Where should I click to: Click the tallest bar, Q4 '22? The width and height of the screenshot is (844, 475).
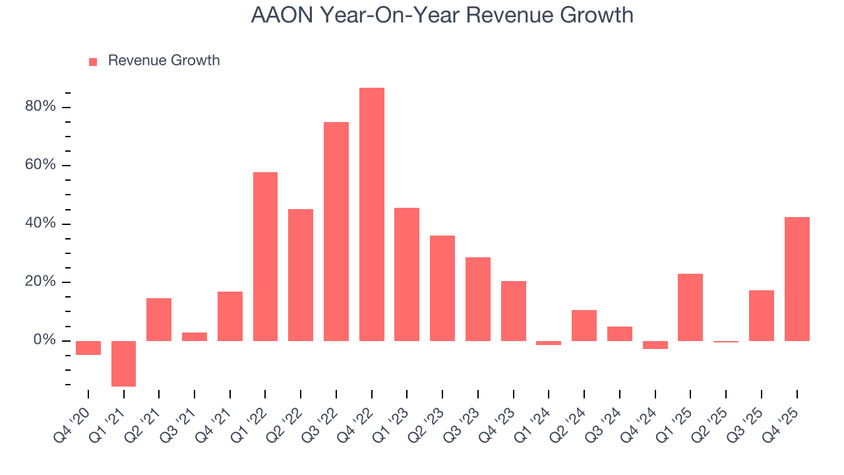(372, 214)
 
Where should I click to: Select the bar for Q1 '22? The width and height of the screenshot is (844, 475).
(265, 257)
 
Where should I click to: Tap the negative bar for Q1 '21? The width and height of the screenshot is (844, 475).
(123, 364)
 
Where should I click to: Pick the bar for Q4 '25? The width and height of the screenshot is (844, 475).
(797, 279)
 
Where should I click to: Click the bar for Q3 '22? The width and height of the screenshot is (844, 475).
(336, 232)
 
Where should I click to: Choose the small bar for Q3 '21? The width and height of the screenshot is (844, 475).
(195, 336)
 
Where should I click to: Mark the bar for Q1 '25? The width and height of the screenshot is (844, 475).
(690, 307)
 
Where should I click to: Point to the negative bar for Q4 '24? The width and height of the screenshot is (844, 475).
(655, 345)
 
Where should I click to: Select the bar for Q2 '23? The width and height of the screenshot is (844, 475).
(442, 288)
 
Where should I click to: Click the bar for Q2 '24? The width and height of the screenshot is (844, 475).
(584, 325)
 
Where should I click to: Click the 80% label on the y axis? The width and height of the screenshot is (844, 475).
(40, 107)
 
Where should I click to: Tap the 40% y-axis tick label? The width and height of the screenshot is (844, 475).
(40, 224)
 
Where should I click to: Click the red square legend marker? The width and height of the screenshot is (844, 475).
(93, 61)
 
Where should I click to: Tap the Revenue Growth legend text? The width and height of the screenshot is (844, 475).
(164, 61)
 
